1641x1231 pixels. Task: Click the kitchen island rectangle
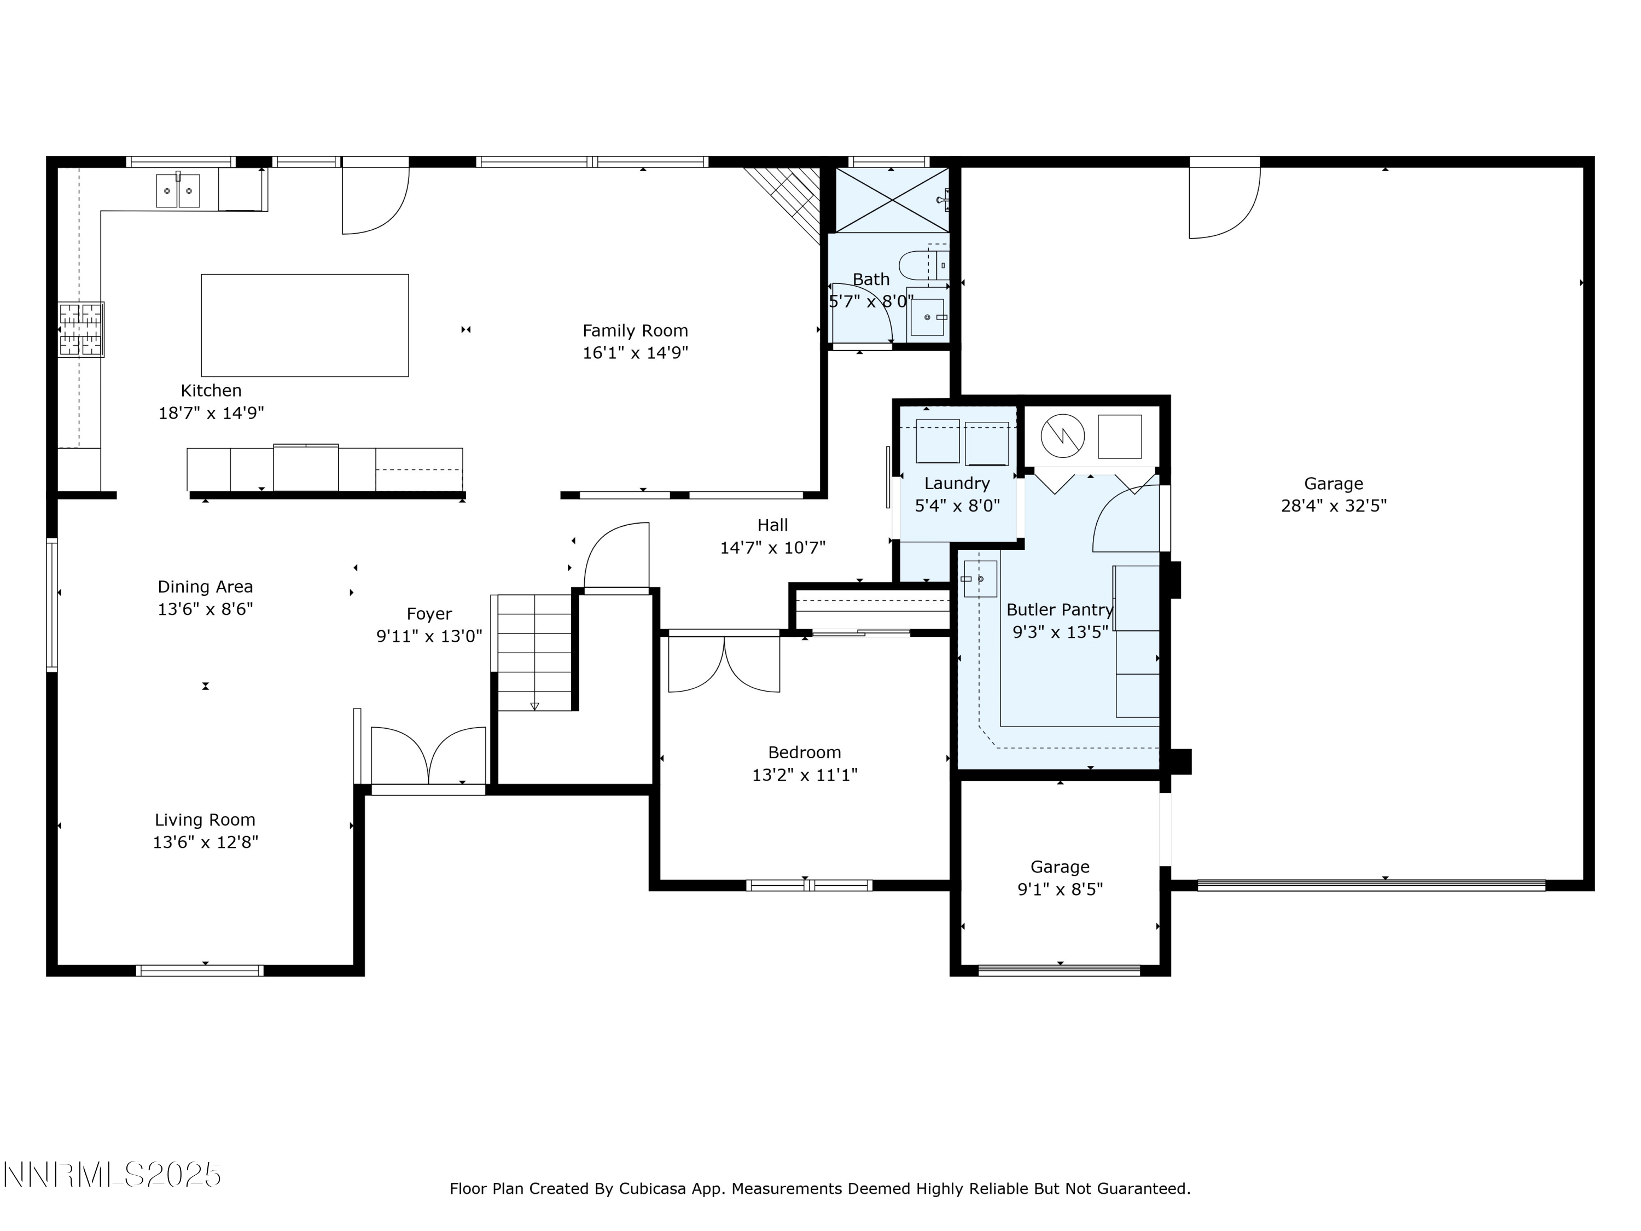click(x=304, y=325)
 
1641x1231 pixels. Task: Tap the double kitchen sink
click(x=177, y=191)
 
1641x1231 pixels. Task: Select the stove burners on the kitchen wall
click(x=81, y=329)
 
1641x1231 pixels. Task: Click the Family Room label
click(x=635, y=331)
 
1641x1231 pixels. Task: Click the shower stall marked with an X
click(x=891, y=200)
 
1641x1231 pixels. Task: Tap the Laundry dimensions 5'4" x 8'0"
click(x=957, y=506)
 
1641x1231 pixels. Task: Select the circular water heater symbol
click(x=1062, y=436)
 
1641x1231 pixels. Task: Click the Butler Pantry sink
click(x=979, y=579)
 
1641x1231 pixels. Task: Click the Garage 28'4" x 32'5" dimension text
click(x=1333, y=506)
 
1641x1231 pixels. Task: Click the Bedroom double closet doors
click(x=724, y=665)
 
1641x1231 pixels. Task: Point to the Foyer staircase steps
click(x=534, y=653)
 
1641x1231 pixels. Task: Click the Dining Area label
click(x=205, y=587)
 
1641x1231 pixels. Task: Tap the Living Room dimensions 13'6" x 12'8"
click(x=205, y=842)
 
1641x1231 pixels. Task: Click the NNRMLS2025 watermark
click(x=111, y=1175)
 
